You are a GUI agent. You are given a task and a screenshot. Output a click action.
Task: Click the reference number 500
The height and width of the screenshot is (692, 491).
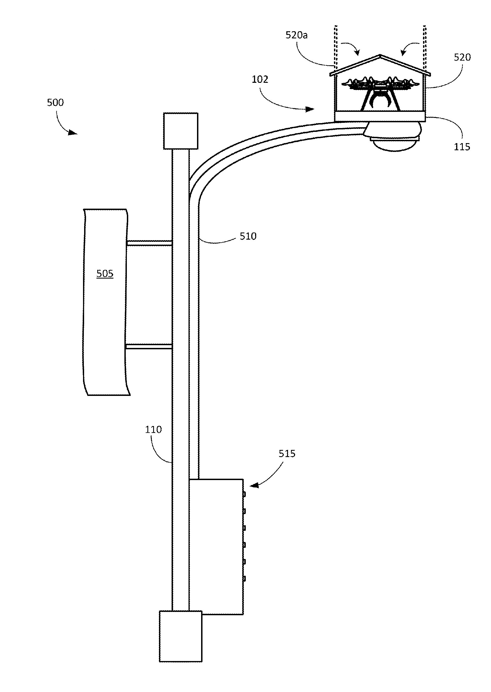click(55, 103)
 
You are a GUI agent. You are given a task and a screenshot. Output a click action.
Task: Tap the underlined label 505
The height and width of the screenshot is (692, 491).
click(105, 274)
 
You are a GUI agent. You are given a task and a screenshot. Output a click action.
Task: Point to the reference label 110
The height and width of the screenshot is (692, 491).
click(153, 429)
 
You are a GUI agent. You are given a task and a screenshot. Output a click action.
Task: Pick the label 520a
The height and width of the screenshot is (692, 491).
click(296, 35)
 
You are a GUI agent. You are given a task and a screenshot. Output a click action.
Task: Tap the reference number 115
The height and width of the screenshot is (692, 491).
click(462, 147)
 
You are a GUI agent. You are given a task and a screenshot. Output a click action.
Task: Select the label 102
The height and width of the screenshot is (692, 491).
click(260, 80)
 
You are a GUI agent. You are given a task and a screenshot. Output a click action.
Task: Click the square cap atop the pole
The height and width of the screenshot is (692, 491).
click(181, 131)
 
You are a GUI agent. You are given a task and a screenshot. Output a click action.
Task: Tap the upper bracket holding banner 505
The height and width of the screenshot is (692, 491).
click(149, 243)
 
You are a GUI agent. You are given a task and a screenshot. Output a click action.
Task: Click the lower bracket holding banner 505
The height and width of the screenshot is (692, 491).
click(149, 347)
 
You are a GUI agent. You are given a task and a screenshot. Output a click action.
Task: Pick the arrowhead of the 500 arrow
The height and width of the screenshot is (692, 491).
click(73, 132)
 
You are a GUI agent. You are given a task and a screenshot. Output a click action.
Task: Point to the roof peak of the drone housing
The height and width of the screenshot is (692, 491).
click(380, 56)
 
